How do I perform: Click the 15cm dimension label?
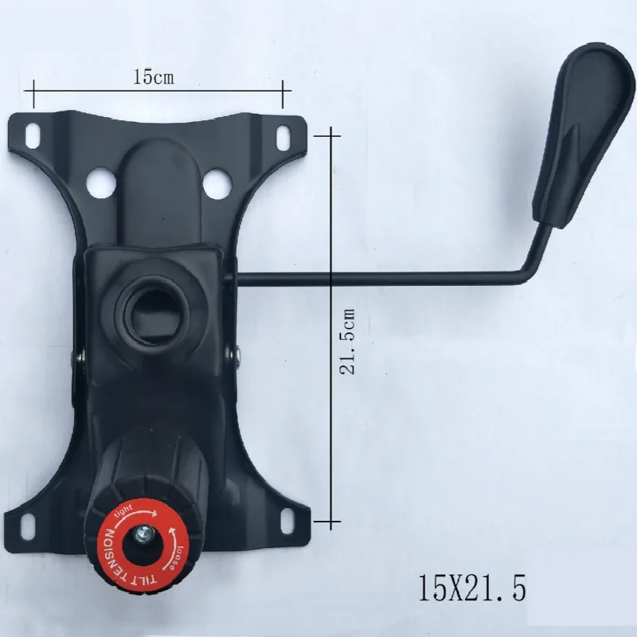pyautogui.click(x=153, y=77)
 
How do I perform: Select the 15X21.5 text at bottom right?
pyautogui.click(x=471, y=590)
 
